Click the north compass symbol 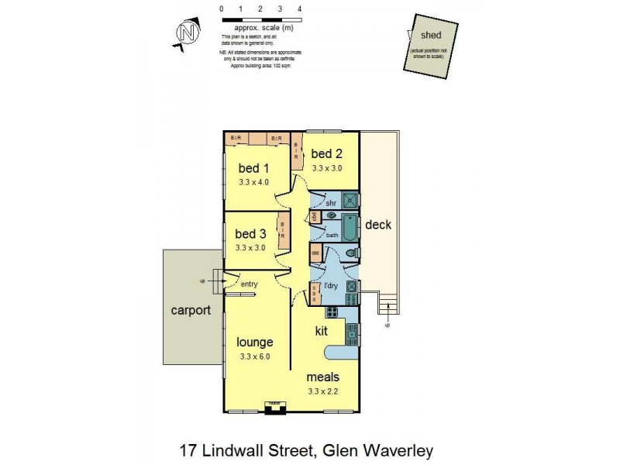[186, 33]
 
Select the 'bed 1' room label [253, 169]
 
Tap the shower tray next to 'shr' [350, 200]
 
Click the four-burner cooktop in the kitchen [333, 312]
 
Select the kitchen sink [352, 334]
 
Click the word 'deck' [379, 226]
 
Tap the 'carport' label [191, 310]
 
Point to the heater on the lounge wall [273, 406]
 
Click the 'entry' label [249, 284]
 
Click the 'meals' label [323, 377]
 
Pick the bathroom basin [331, 215]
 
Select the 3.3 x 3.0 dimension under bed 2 [326, 167]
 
